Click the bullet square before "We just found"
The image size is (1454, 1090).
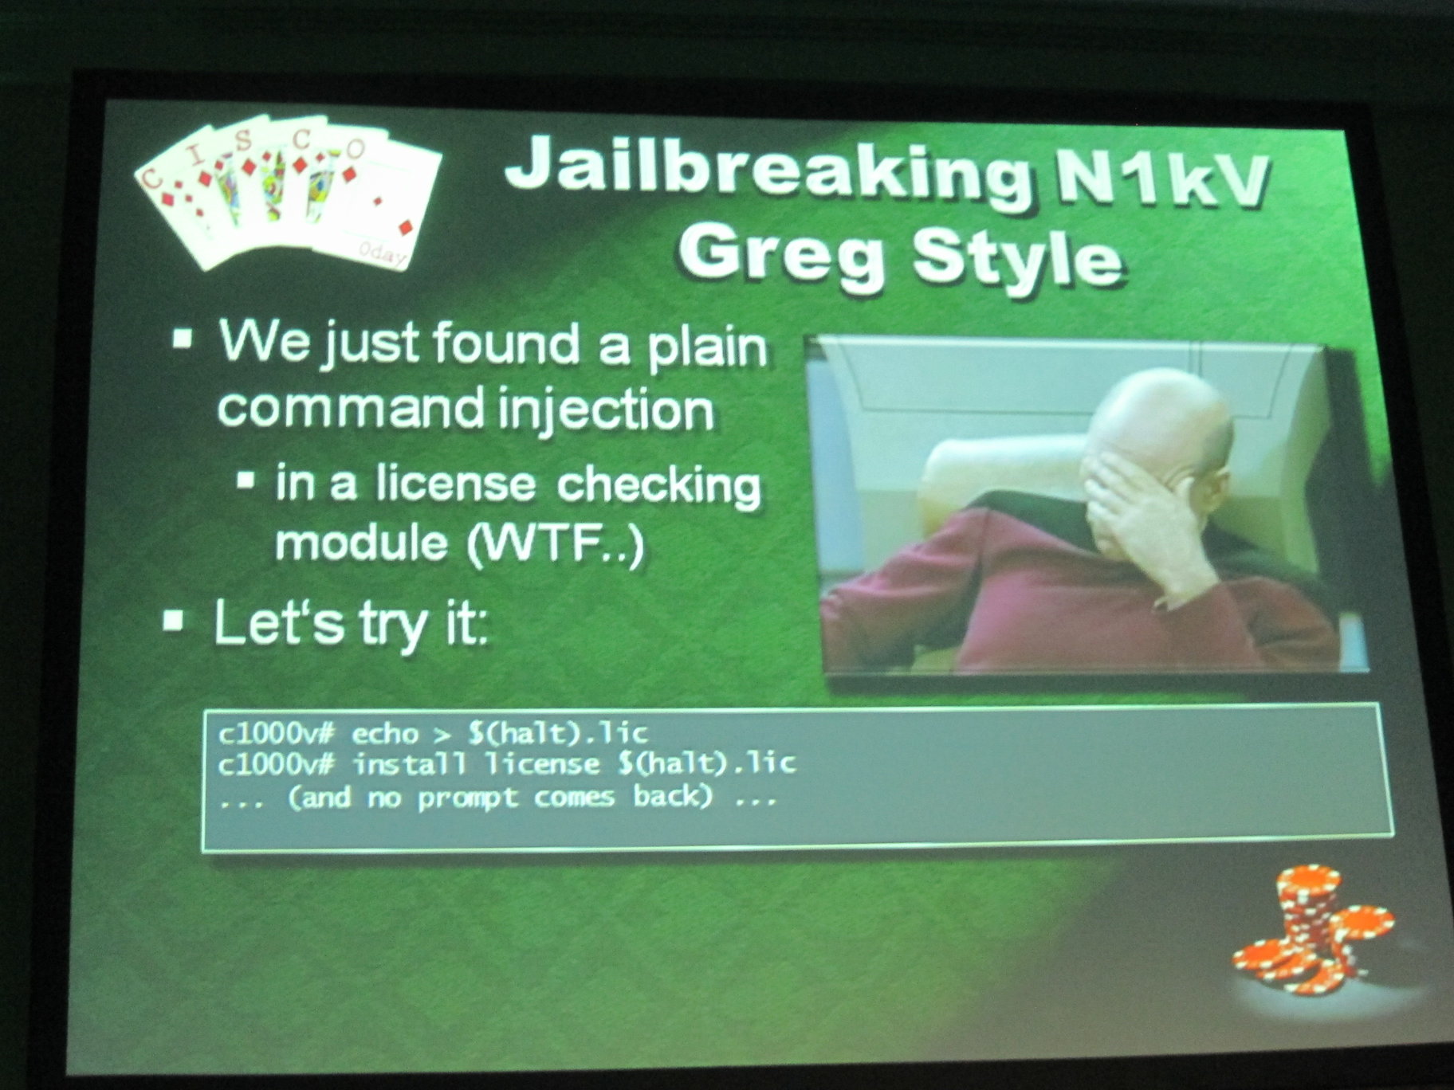click(183, 339)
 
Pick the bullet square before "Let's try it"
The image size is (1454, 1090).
click(173, 620)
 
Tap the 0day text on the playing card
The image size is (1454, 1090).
click(382, 253)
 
